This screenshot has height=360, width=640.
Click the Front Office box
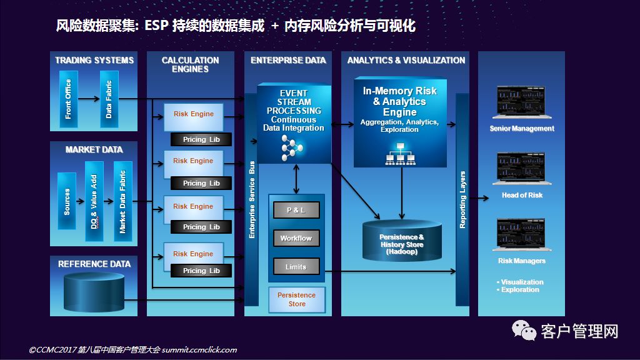68,99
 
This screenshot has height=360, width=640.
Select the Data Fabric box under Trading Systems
109,99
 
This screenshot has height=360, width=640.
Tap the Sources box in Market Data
66,201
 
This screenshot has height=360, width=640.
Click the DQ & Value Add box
94,201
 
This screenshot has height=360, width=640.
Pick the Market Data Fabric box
122,201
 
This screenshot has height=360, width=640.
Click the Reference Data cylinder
94,292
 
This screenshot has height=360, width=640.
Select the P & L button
296,210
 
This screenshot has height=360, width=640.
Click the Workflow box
296,238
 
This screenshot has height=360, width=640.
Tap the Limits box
296,266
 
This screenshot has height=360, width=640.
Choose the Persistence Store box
297,299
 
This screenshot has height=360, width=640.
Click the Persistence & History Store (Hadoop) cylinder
402,241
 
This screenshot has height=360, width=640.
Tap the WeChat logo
524,330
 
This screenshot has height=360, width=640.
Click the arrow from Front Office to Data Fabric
89,99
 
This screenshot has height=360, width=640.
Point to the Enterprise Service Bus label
252,199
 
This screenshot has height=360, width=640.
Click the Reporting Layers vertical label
462,199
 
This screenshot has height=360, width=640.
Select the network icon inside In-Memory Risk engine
401,154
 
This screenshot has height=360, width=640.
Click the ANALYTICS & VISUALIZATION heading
406,61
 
